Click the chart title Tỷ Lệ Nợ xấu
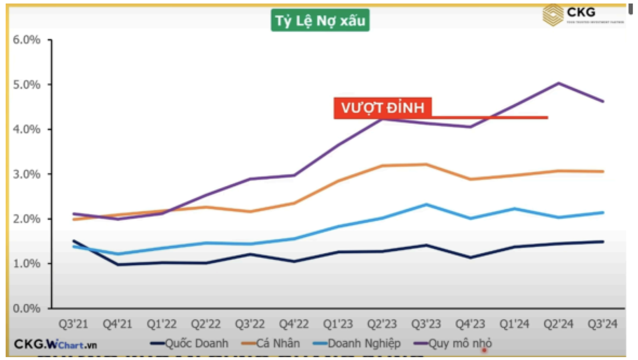click(x=320, y=21)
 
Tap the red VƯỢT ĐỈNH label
click(x=382, y=108)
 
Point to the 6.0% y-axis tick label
click(x=26, y=39)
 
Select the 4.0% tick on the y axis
click(x=26, y=129)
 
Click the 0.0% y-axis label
click(x=26, y=308)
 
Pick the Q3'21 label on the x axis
click(x=73, y=324)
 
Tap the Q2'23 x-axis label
click(x=382, y=324)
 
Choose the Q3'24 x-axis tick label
click(x=602, y=324)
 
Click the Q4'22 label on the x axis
click(x=293, y=324)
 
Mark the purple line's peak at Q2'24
click(x=558, y=83)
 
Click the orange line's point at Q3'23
click(x=426, y=164)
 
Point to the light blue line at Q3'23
click(x=426, y=204)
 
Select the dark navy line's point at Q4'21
click(x=117, y=264)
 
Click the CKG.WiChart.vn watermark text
click(x=55, y=344)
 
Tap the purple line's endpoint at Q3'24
click(x=602, y=101)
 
